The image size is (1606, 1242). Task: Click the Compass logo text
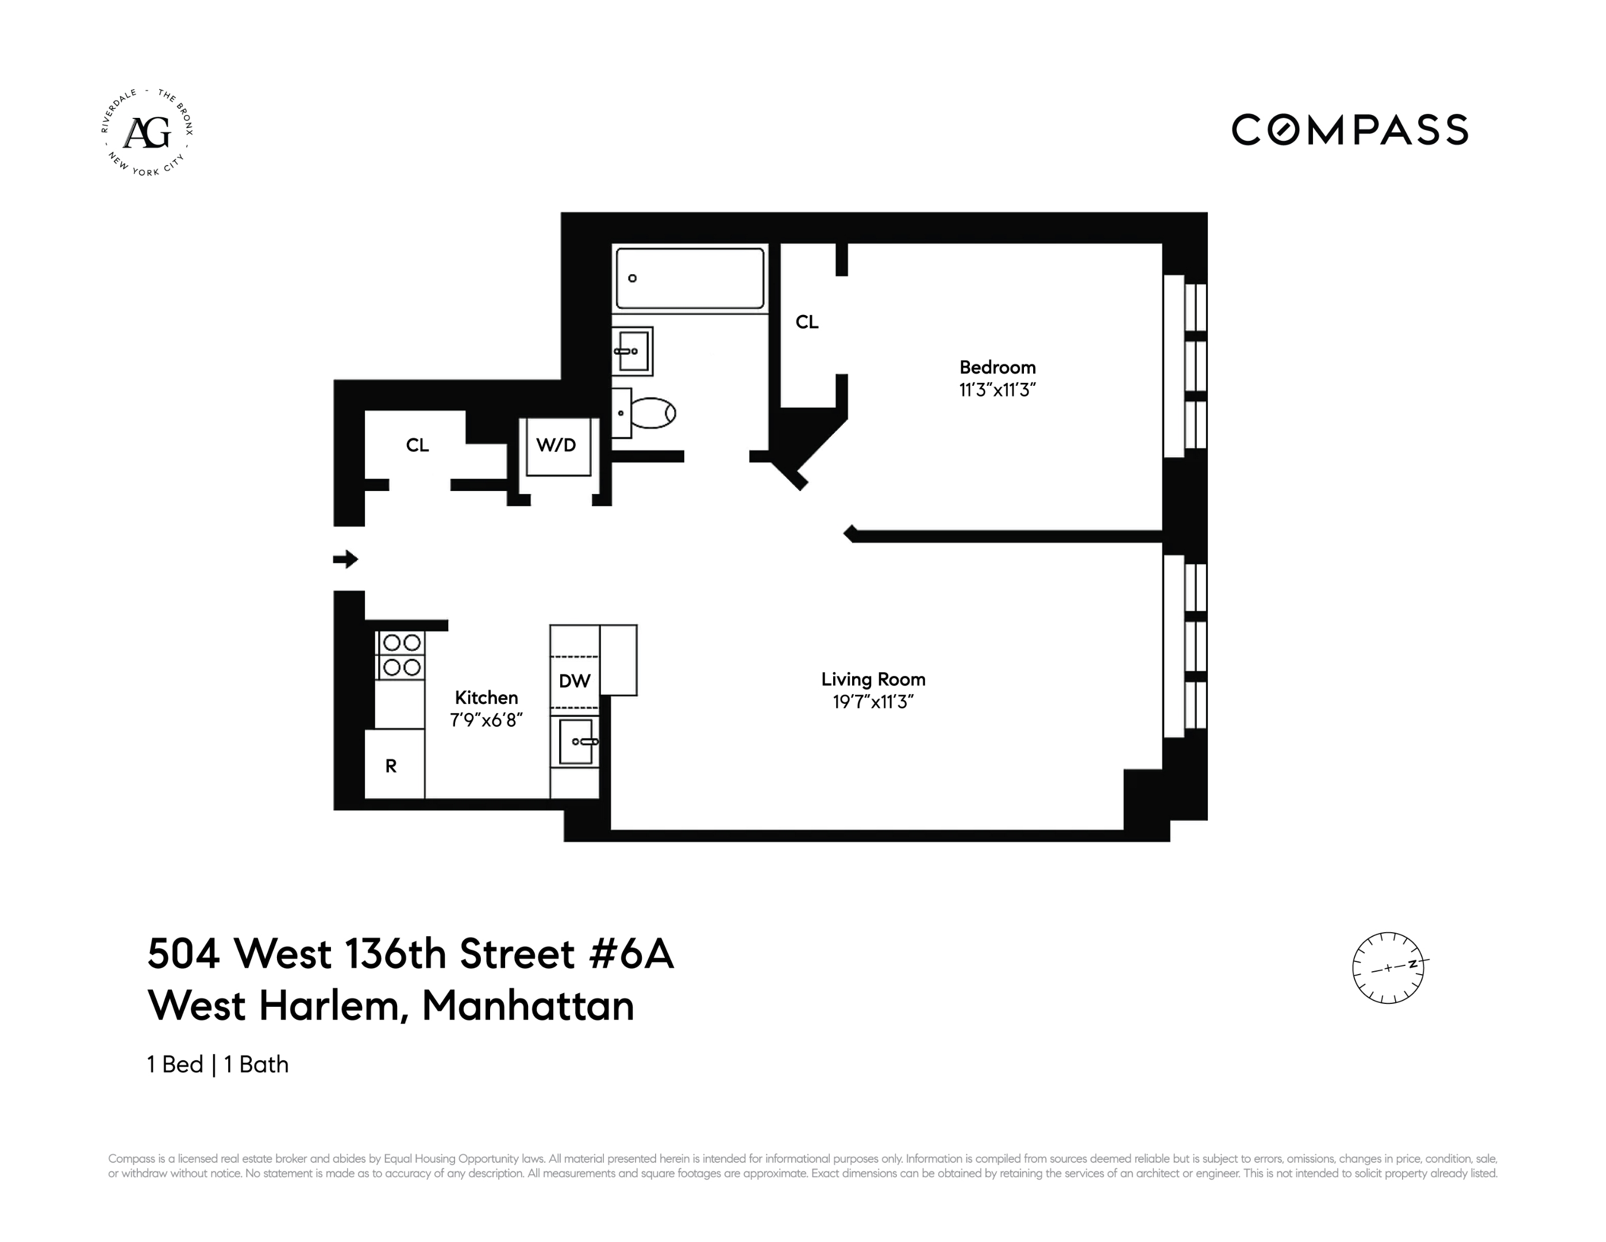click(x=1349, y=129)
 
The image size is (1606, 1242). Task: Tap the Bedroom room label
click(x=997, y=367)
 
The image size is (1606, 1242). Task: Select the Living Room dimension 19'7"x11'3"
click(x=873, y=702)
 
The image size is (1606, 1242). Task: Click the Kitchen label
click(x=486, y=697)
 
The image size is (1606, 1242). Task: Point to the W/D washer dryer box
click(x=557, y=446)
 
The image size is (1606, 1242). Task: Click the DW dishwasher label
click(x=574, y=681)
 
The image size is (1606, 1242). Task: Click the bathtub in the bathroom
click(x=690, y=278)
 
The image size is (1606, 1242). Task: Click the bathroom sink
click(x=633, y=351)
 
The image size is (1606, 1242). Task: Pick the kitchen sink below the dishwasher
click(x=576, y=742)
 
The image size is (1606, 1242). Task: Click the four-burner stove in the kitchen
click(x=400, y=655)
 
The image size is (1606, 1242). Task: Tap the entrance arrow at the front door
click(x=345, y=559)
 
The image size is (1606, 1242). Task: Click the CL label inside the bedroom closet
click(x=807, y=322)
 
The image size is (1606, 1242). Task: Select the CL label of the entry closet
click(x=417, y=445)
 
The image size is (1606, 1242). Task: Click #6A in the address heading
click(x=631, y=954)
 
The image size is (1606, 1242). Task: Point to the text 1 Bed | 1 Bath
click(x=218, y=1065)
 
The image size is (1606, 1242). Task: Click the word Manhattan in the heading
click(x=527, y=1006)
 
